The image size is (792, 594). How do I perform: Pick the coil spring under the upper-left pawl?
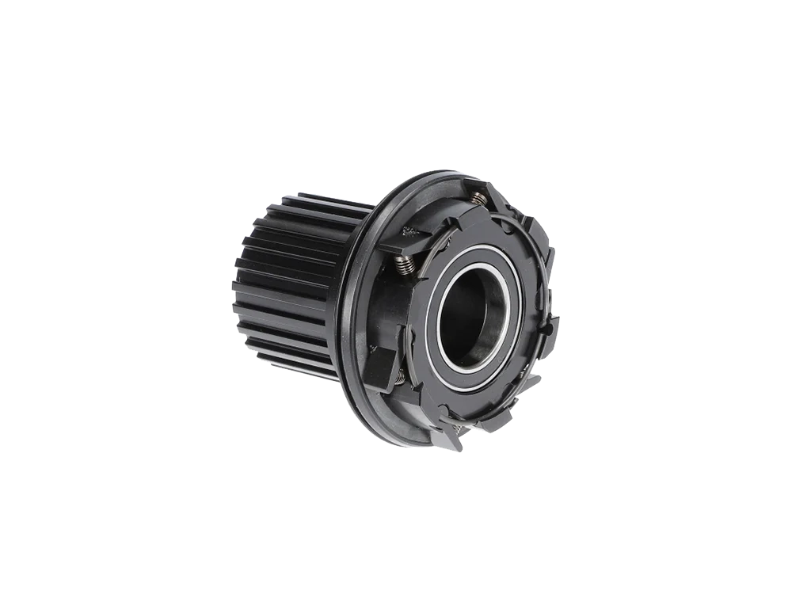coord(405,263)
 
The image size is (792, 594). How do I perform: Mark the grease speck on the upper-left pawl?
coord(409,231)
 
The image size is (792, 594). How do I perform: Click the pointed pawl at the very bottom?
coord(453,436)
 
